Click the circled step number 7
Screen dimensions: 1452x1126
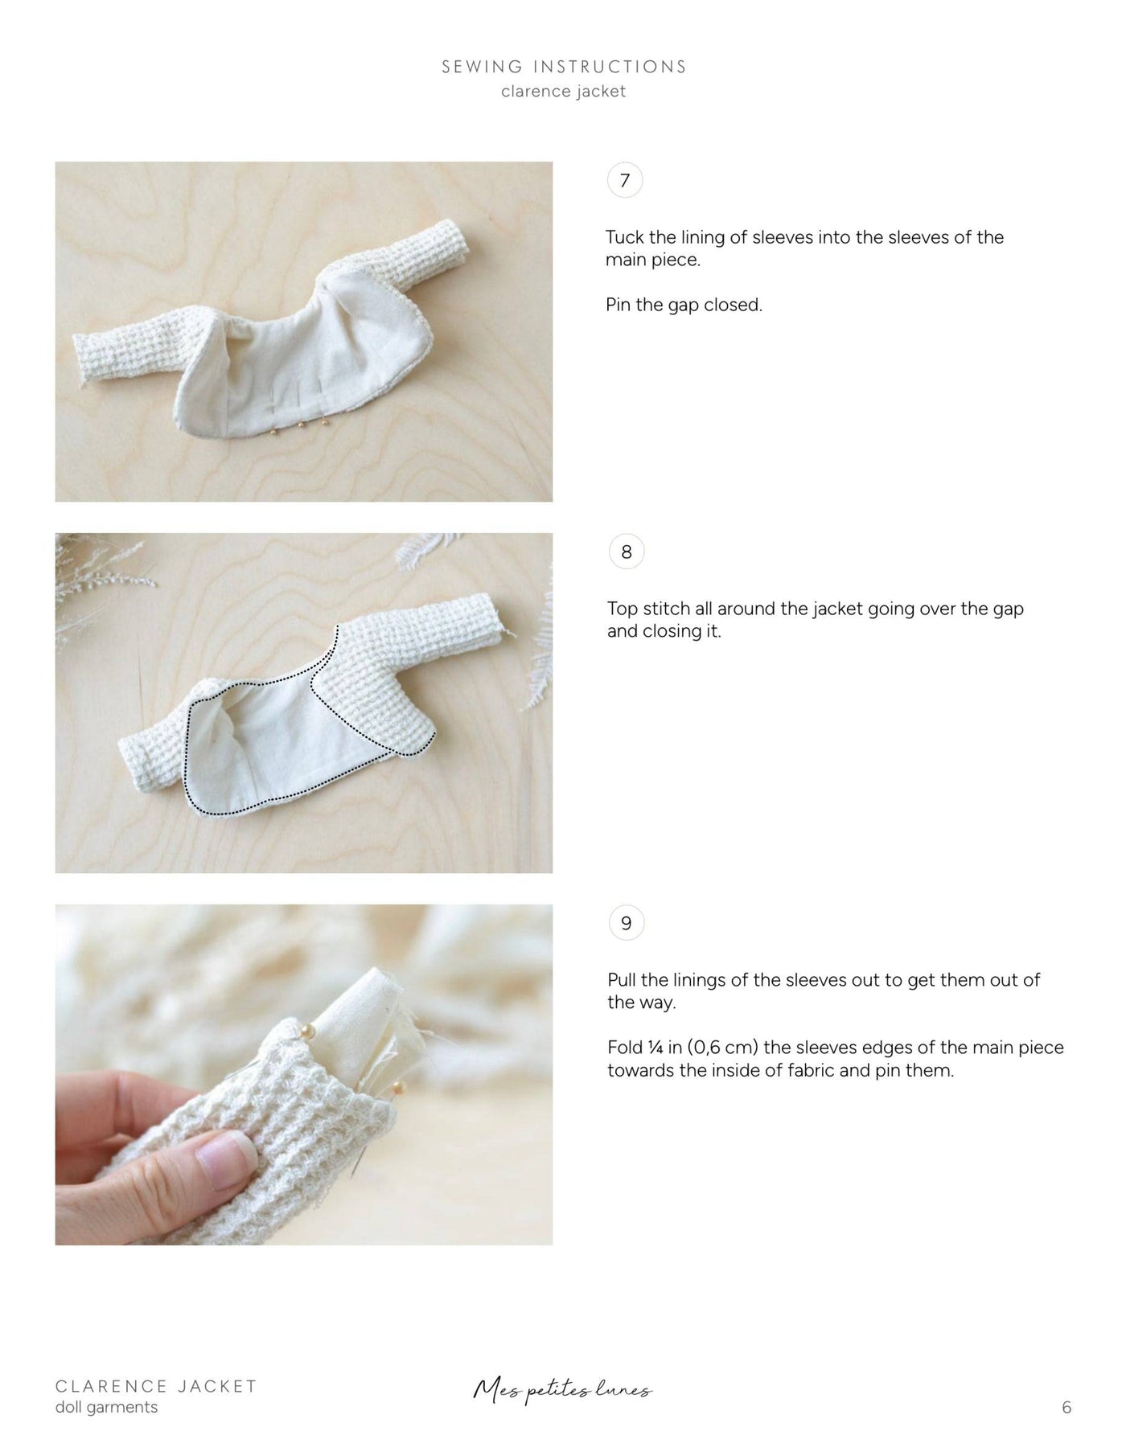point(625,181)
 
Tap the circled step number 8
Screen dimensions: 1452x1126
point(626,552)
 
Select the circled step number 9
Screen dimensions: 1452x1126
point(626,923)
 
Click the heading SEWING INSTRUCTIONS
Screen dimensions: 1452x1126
point(564,67)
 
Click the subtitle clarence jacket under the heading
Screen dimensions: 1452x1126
point(563,92)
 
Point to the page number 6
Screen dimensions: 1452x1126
point(1066,1407)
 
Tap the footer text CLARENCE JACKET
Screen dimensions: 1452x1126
point(156,1386)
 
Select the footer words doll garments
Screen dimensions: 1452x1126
point(107,1407)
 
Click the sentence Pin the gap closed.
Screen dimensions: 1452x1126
point(684,305)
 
